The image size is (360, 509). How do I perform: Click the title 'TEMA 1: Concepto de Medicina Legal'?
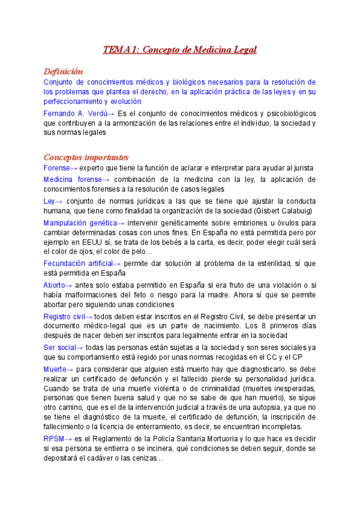point(180,50)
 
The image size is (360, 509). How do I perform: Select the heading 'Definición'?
point(63,71)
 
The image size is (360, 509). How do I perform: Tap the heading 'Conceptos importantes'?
point(86,157)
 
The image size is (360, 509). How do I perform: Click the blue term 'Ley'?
point(49,201)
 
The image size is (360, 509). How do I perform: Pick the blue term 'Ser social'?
point(60,348)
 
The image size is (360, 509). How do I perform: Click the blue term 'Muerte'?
point(55,369)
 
